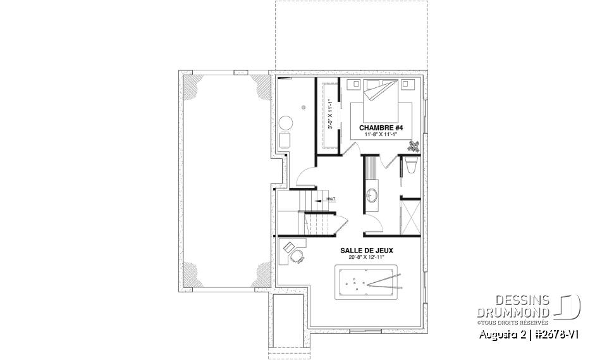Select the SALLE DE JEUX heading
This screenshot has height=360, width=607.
tap(367, 251)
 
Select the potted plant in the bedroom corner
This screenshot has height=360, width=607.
tap(415, 146)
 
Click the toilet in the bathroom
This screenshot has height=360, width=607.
tap(410, 166)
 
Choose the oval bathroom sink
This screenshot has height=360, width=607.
tap(372, 195)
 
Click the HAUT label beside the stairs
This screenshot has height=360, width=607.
tap(330, 199)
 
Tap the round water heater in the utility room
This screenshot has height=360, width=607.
tap(286, 122)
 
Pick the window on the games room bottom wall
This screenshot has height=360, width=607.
tap(365, 330)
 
